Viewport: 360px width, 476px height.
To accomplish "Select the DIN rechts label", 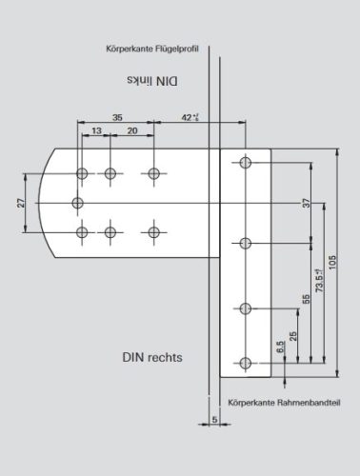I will point(150,359).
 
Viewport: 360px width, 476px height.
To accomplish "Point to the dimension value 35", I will point(117,118).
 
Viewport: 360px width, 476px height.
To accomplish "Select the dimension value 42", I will point(190,118).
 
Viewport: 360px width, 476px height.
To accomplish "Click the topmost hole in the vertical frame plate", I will point(247,164).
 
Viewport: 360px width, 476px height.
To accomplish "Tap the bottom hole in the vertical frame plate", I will point(247,362).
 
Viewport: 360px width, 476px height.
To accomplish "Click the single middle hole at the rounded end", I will point(78,202).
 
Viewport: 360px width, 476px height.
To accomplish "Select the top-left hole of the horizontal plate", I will point(83,173).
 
